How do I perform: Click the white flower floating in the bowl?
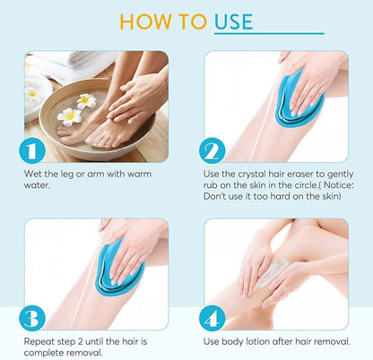[69, 115]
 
